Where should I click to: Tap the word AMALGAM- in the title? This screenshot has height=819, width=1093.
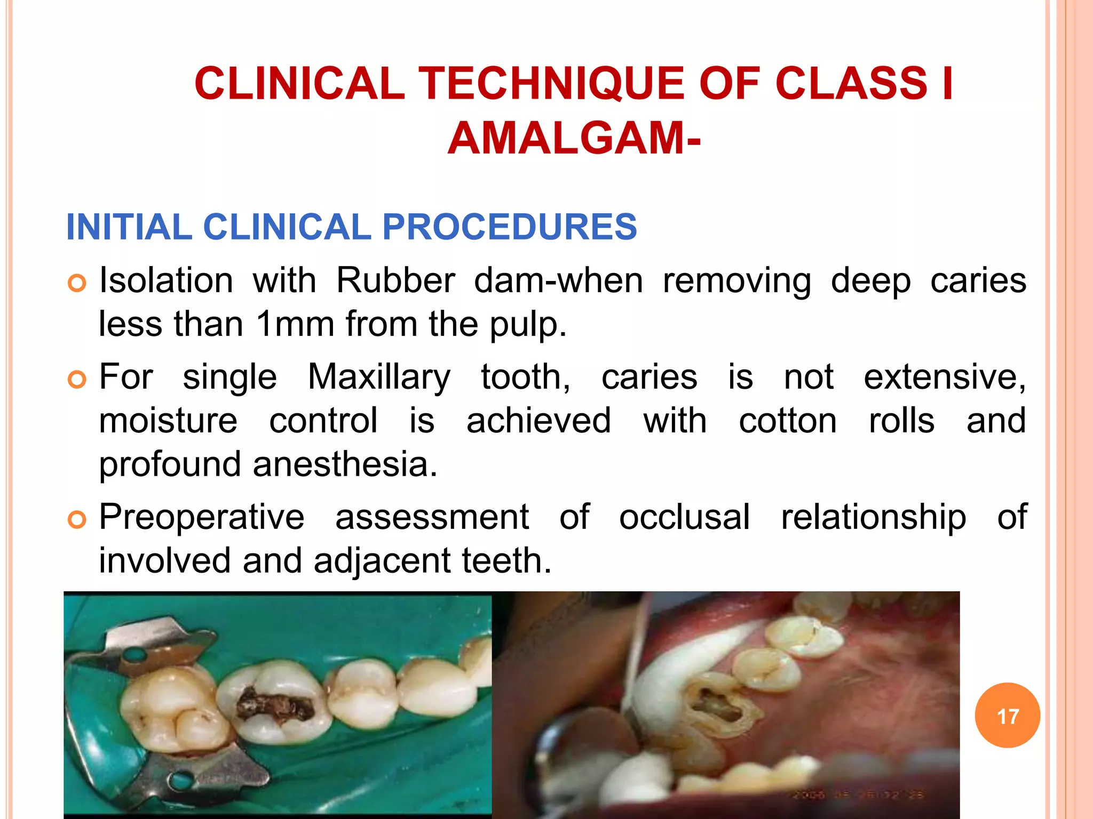point(574,139)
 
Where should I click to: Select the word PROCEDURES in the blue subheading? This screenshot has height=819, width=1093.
point(510,227)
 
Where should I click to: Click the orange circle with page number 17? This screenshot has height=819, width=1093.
point(1007,716)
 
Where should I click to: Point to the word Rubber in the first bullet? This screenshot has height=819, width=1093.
point(395,280)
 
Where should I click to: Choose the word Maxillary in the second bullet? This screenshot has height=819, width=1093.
point(379,377)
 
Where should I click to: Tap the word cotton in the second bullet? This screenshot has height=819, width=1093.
point(788,421)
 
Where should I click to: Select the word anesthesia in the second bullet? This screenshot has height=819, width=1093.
point(345,464)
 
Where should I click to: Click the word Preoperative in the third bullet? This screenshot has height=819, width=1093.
point(202,517)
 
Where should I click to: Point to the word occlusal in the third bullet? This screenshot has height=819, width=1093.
point(684,517)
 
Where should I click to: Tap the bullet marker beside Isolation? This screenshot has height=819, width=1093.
point(77,283)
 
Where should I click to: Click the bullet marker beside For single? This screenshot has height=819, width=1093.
point(77,380)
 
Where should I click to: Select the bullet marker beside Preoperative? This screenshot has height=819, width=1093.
point(77,519)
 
